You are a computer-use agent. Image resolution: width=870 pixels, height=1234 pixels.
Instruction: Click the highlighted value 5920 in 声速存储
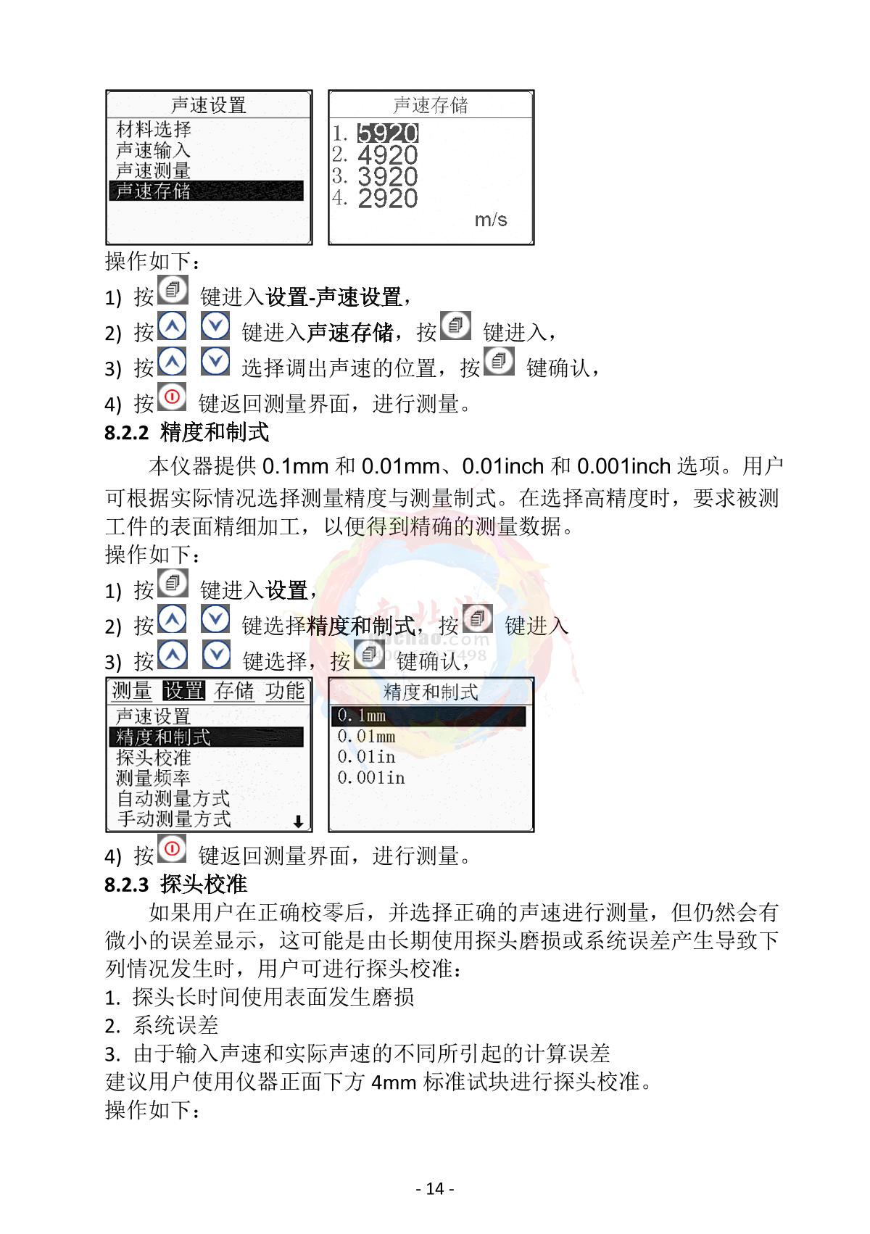387,133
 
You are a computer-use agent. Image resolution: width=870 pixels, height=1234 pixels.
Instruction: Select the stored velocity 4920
387,155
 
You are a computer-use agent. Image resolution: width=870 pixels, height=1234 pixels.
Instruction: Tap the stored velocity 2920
387,199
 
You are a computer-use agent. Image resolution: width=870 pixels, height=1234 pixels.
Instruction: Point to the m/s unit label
490,220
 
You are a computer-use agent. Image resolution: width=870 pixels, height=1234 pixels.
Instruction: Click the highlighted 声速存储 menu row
206,191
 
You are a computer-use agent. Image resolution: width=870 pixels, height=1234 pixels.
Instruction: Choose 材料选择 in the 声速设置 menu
153,130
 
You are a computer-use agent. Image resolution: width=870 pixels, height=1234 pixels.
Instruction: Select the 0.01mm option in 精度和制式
366,737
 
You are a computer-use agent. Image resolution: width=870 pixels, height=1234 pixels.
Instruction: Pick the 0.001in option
370,778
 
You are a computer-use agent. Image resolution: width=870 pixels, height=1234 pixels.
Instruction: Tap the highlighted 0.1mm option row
428,716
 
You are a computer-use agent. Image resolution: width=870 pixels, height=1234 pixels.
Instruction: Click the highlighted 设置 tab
183,690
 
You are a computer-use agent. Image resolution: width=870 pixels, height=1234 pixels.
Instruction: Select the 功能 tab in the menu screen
285,690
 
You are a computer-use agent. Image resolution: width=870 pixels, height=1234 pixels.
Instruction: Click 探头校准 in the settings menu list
153,758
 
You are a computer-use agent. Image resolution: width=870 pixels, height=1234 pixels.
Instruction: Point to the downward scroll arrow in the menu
298,822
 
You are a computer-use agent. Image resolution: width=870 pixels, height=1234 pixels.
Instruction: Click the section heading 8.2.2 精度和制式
187,432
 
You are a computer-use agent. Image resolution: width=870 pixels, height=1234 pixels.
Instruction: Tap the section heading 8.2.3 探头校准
175,885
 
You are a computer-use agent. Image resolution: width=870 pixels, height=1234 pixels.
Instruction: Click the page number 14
435,1188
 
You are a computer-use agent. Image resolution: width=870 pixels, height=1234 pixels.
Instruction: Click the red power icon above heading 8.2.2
172,397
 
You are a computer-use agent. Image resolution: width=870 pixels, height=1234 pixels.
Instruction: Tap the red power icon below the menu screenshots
172,848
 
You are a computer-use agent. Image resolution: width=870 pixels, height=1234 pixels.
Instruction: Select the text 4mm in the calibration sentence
394,1082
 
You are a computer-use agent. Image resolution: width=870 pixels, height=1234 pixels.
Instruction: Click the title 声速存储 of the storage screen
431,104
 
